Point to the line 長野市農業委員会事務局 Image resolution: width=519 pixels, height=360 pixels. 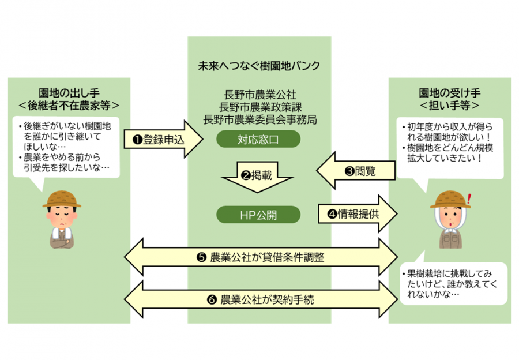pyautogui.click(x=259, y=119)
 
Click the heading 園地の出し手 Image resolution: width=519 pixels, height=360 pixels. pyautogui.click(x=69, y=93)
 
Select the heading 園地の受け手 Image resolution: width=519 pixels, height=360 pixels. pyautogui.click(x=450, y=93)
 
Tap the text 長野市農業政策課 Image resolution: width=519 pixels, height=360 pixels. pyautogui.click(x=259, y=107)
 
